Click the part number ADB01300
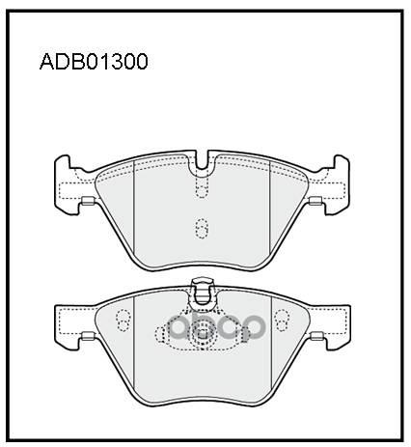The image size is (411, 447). click(x=94, y=62)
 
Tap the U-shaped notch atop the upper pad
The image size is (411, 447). click(x=202, y=160)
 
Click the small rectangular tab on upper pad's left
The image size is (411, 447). click(x=87, y=201)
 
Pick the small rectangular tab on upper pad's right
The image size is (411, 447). click(x=315, y=201)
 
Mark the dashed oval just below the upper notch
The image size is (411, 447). click(x=202, y=190)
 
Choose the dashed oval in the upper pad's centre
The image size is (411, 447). click(x=202, y=229)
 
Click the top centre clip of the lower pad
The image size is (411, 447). click(x=202, y=292)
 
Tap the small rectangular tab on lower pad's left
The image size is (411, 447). click(x=87, y=336)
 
